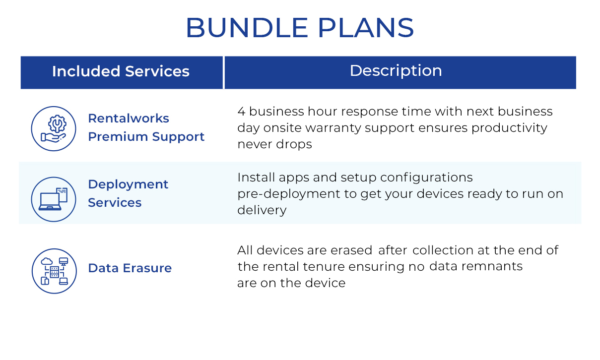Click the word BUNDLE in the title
[247, 28]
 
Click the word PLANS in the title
[366, 28]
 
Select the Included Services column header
[121, 71]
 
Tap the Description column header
[396, 71]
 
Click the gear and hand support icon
[54, 129]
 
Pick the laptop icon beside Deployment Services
[54, 199]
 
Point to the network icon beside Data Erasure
[54, 271]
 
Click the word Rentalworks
[129, 119]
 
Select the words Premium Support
[146, 137]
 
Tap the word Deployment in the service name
[128, 185]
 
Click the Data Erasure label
[130, 268]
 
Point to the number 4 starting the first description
[241, 112]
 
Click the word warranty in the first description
[333, 128]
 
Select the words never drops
[275, 144]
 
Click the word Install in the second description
[256, 178]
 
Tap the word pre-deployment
[289, 194]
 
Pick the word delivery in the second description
[262, 210]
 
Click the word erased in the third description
[351, 250]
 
